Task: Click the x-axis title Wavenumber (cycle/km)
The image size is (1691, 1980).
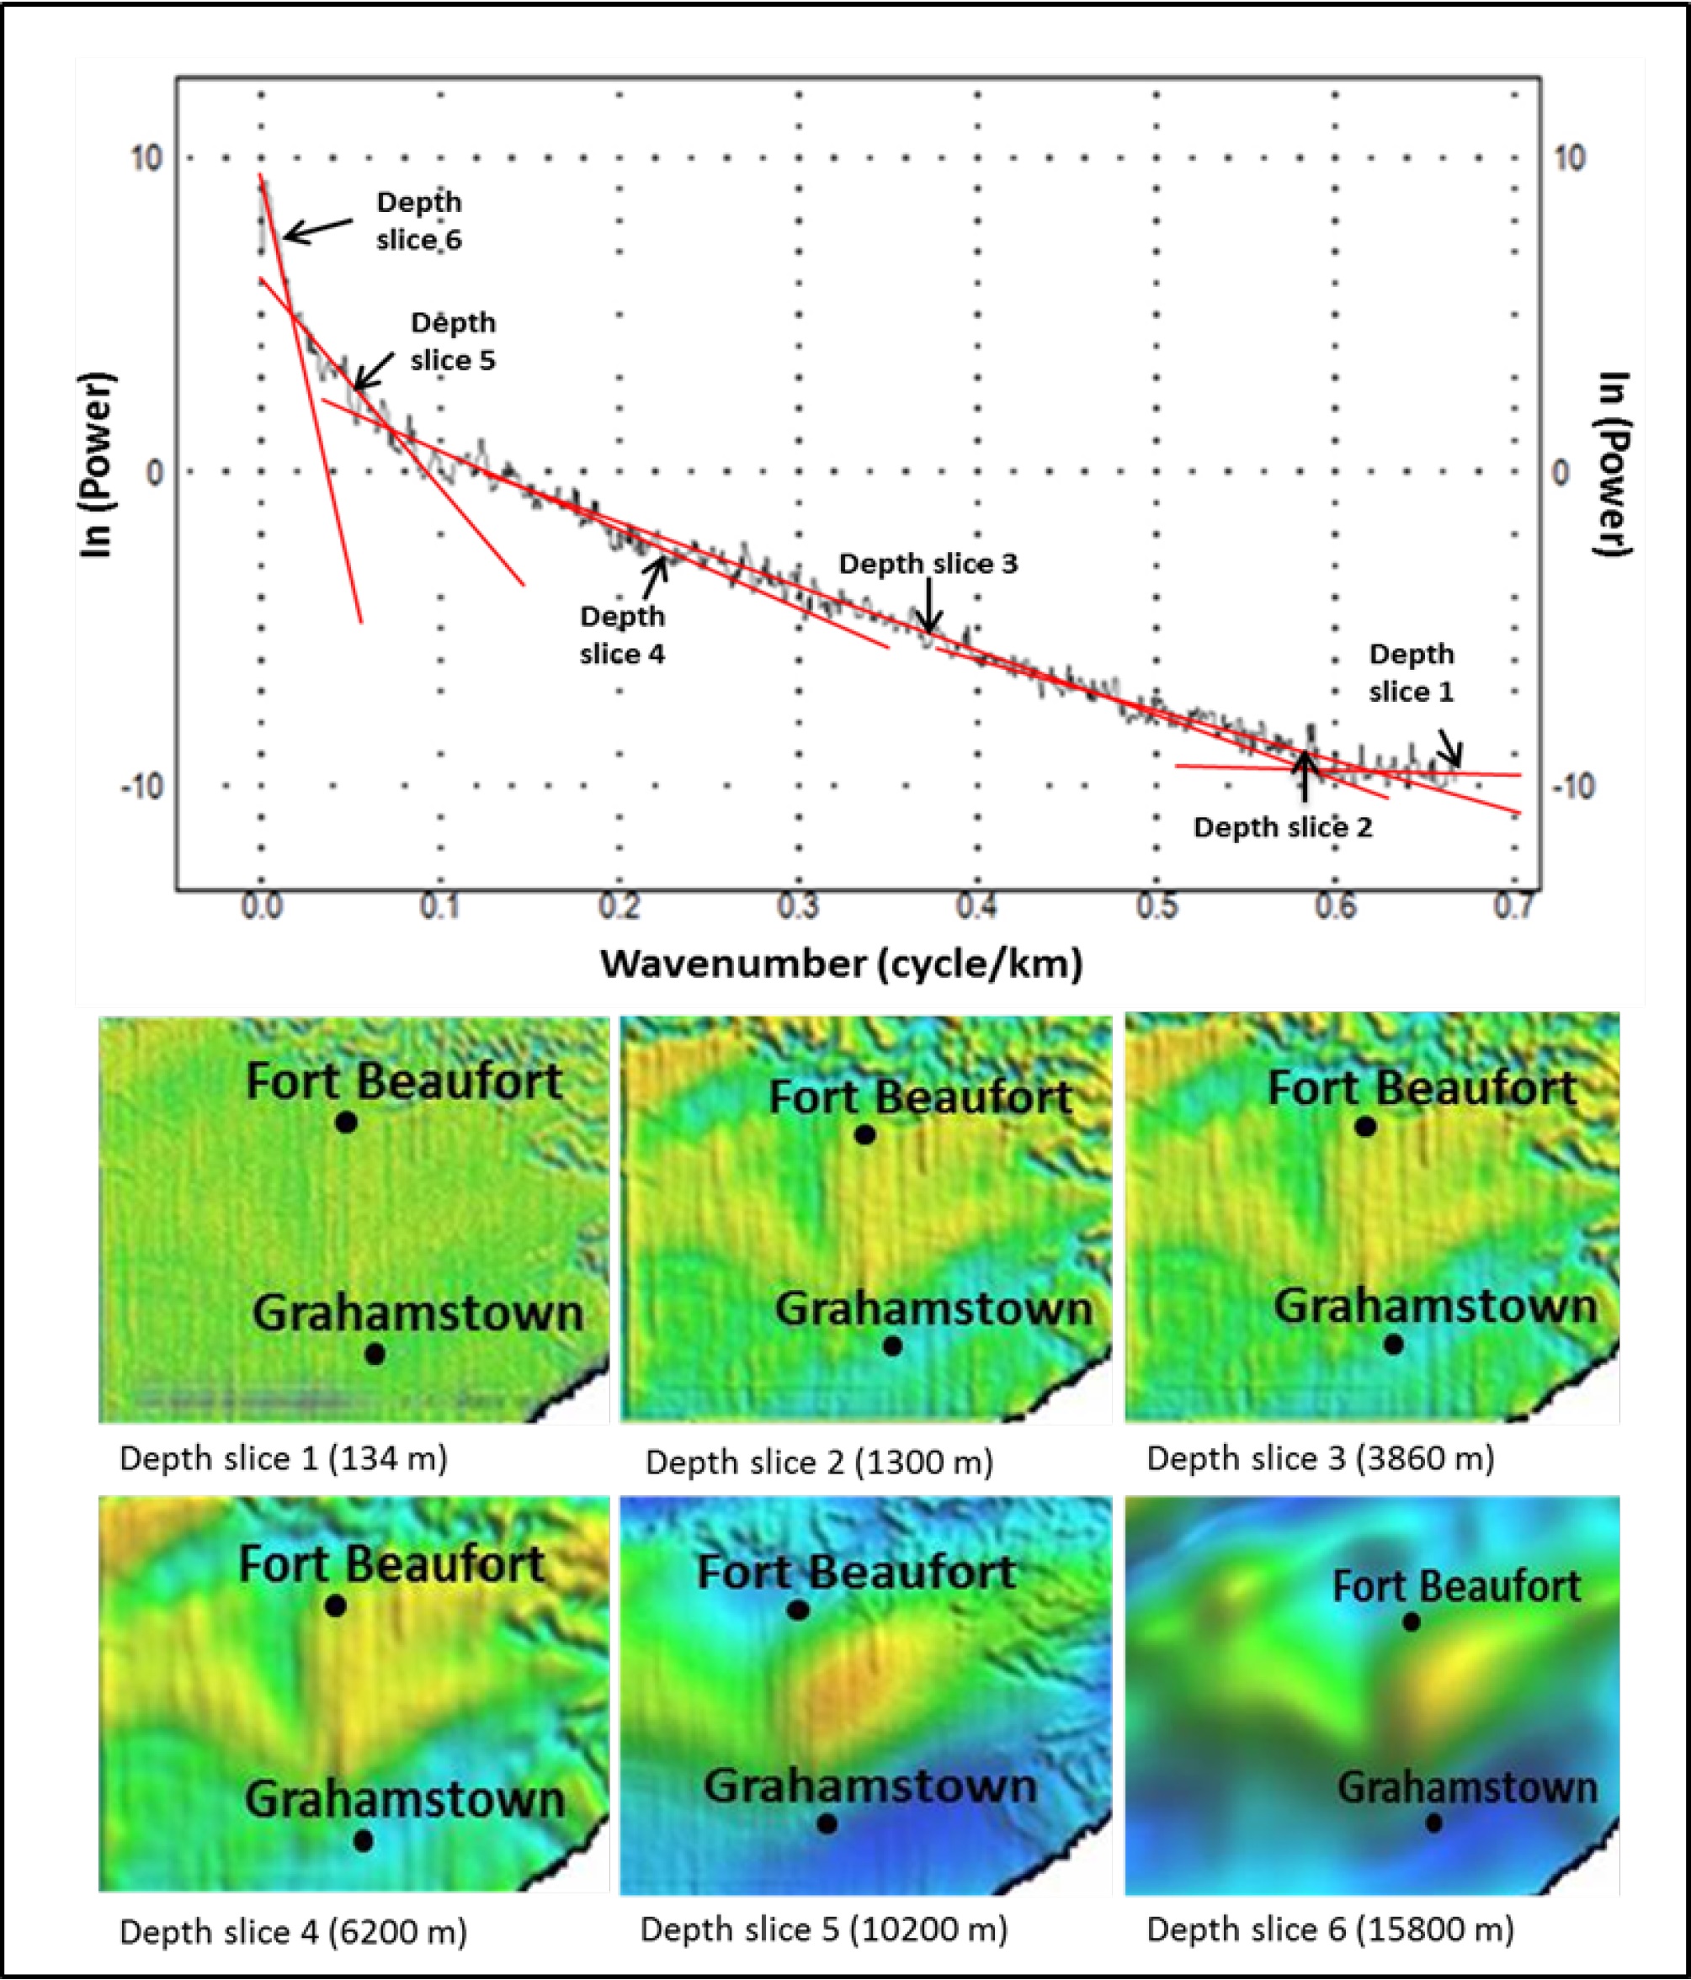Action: (841, 963)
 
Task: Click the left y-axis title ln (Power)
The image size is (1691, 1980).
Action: (97, 464)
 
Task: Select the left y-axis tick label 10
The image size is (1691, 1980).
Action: (146, 157)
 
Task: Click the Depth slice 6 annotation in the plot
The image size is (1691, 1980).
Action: (418, 220)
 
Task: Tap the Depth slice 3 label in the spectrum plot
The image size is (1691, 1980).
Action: (928, 564)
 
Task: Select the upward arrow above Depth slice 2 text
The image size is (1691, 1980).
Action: (1305, 775)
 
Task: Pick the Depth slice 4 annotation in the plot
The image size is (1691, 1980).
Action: (622, 634)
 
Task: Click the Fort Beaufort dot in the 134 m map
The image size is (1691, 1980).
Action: (346, 1123)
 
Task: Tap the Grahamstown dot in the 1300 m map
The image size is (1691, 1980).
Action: (892, 1346)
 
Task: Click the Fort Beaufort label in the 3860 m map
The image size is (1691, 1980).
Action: (1422, 1088)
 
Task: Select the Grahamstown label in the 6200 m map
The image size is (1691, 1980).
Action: (404, 1799)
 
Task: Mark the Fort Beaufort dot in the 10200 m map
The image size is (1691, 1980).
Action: (798, 1611)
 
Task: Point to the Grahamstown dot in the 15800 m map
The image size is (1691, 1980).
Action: (1434, 1823)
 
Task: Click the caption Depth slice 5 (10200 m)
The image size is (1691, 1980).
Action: (824, 1930)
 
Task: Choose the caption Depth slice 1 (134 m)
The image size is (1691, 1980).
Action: (283, 1458)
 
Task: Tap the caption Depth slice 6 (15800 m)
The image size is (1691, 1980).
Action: (1331, 1930)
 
